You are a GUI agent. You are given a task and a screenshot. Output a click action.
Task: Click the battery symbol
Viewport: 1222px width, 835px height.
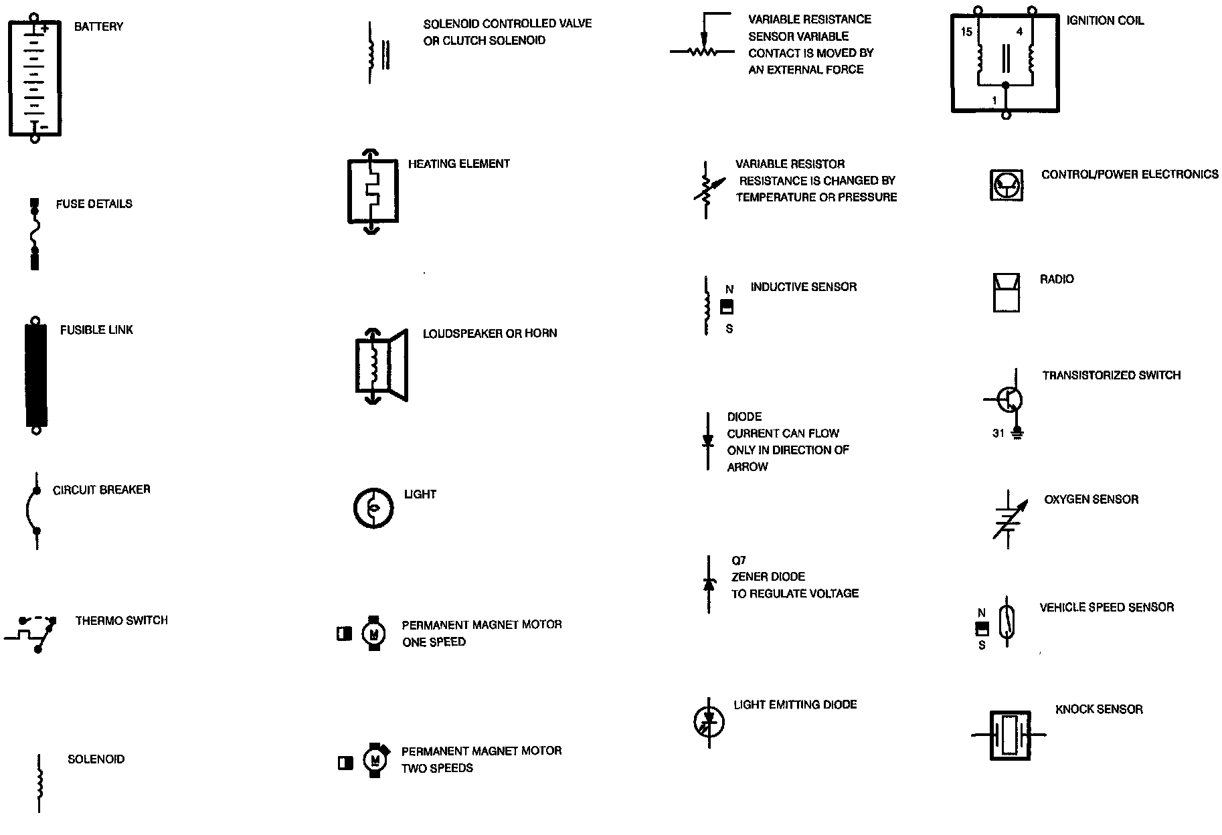35,78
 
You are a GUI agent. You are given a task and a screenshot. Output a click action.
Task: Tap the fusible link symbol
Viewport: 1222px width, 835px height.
36,377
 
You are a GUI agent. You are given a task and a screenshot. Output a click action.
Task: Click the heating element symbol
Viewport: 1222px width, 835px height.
372,191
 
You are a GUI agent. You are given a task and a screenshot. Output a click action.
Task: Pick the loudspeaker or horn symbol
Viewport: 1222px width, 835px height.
380,366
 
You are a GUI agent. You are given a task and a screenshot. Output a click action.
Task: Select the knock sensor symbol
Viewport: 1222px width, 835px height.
1009,734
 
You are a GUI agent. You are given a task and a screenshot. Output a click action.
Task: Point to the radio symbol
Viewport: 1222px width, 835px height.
1006,292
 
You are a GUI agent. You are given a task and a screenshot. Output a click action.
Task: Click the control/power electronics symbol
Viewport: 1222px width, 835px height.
1006,184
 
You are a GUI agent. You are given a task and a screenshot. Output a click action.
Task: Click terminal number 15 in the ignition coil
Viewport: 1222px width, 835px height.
966,31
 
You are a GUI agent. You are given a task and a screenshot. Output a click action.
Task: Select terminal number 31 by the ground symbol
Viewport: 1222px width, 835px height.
998,434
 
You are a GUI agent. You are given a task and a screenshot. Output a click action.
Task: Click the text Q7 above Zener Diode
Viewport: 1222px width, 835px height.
738,560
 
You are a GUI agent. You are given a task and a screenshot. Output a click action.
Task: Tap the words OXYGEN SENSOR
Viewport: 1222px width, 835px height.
1091,499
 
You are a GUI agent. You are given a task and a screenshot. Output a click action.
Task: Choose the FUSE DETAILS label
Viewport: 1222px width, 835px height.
94,204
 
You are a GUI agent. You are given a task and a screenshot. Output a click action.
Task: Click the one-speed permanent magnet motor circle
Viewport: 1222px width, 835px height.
373,633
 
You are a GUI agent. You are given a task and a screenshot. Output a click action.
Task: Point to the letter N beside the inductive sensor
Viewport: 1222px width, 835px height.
729,290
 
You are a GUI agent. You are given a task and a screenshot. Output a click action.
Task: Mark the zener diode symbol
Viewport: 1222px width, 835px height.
709,583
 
